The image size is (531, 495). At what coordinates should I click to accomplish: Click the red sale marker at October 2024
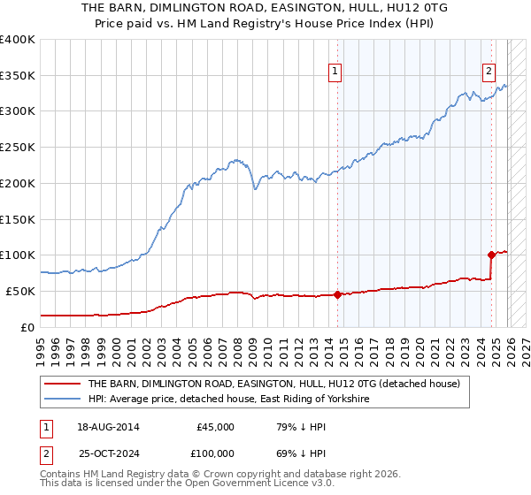[x=492, y=255]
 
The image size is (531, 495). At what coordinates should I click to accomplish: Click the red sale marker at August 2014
[x=337, y=294]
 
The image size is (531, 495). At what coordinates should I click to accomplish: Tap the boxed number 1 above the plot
[x=336, y=73]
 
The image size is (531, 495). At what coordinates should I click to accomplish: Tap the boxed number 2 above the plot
[x=489, y=73]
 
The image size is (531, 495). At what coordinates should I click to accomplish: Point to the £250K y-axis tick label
[x=18, y=148]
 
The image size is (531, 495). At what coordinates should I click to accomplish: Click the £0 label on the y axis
[x=28, y=327]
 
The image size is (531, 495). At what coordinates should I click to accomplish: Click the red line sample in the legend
[x=63, y=385]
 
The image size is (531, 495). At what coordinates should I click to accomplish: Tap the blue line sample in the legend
[x=63, y=400]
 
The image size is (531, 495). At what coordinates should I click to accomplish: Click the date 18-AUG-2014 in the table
[x=108, y=427]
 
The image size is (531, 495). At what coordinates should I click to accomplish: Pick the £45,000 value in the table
[x=215, y=427]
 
